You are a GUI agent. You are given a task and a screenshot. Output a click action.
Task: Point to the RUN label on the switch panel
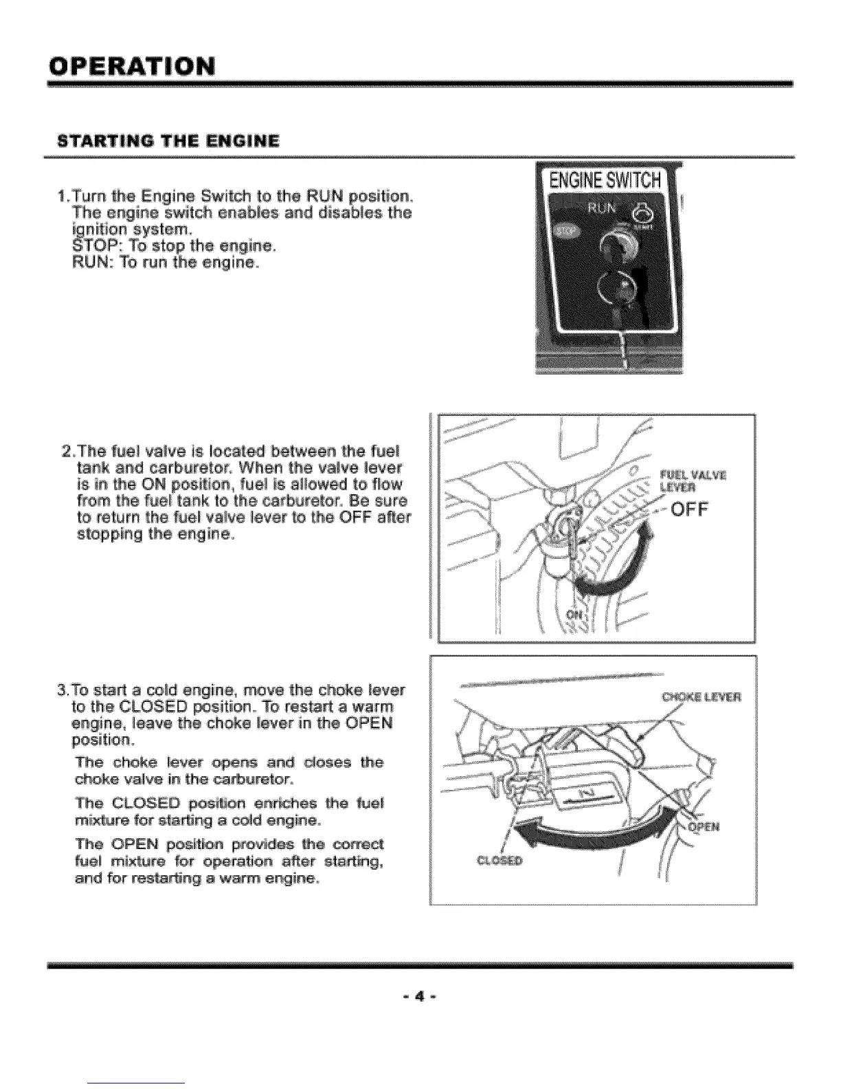pos(600,208)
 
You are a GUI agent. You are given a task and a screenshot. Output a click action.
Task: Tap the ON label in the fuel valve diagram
pos(574,614)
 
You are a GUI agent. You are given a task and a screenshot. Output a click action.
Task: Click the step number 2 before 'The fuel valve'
pos(66,452)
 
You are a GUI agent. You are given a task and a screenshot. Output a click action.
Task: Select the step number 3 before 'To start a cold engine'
pos(63,690)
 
